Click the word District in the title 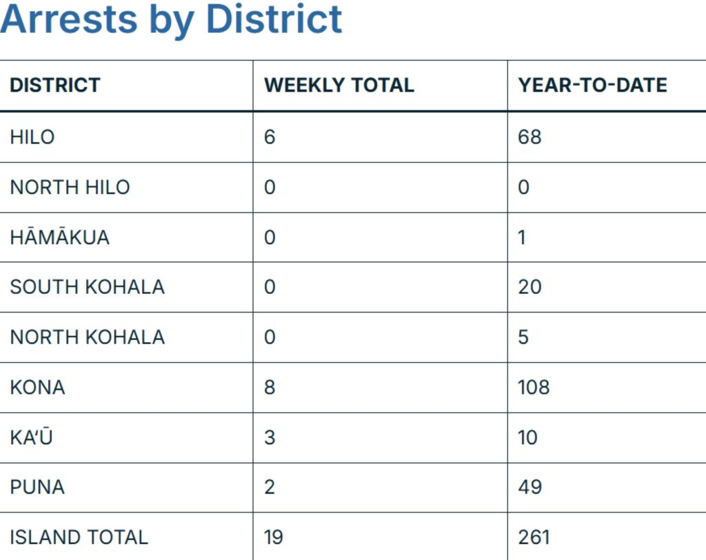(274, 19)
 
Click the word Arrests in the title (68, 19)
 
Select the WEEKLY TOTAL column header (339, 85)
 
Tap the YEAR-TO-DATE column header (592, 85)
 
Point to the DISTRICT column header (55, 85)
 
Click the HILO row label (32, 137)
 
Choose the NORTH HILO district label (70, 187)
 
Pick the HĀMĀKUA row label (59, 237)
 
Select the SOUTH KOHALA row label (87, 287)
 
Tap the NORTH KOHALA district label (87, 337)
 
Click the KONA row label (37, 387)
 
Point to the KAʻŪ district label (31, 437)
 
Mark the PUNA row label (37, 487)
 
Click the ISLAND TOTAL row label (79, 537)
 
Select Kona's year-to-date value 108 (534, 387)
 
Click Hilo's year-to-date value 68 (529, 137)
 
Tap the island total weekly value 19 (273, 537)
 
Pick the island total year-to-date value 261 (534, 537)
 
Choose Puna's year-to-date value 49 (529, 487)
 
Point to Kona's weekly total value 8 (270, 387)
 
